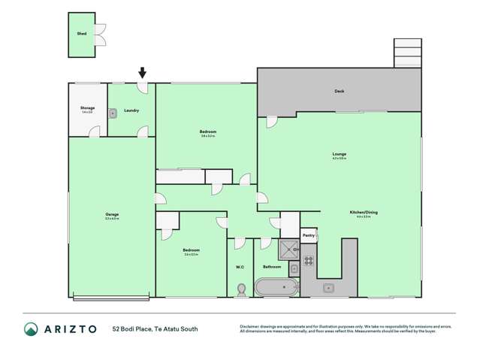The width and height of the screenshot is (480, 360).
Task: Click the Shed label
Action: tap(81, 34)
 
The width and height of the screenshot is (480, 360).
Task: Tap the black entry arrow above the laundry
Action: tap(143, 73)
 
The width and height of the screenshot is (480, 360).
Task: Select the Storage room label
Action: tap(88, 109)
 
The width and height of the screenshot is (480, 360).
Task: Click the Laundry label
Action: tap(131, 110)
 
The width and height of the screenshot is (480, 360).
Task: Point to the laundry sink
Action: tap(112, 114)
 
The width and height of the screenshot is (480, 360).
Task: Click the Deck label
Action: tap(340, 92)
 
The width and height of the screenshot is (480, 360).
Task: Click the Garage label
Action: tap(112, 214)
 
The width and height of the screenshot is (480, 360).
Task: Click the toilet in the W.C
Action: tap(241, 288)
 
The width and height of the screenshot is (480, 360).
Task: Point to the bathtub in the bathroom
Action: tap(276, 287)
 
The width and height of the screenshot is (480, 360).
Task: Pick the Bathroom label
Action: tap(272, 267)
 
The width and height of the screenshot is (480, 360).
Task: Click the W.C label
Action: tap(240, 267)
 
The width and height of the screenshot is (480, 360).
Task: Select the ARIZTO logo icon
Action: tap(32, 328)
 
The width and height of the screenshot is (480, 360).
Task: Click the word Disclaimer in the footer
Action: tap(250, 325)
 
